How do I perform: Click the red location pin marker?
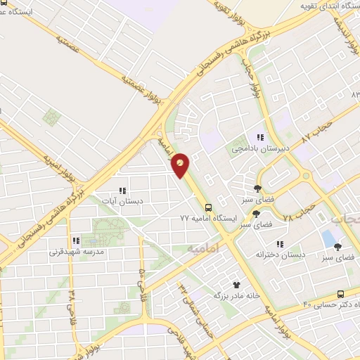click(x=181, y=165)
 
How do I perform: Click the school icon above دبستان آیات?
click(x=123, y=190)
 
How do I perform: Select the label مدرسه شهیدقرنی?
click(x=77, y=251)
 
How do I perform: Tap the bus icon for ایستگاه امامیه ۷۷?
click(x=207, y=207)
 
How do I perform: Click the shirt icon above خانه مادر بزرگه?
click(x=236, y=285)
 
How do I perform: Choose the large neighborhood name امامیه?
click(x=203, y=248)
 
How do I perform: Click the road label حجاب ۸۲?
click(x=316, y=132)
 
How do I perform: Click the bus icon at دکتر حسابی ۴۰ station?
click(x=340, y=294)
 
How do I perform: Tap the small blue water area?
click(x=328, y=238)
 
